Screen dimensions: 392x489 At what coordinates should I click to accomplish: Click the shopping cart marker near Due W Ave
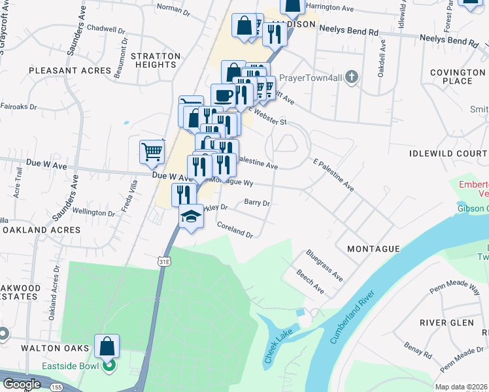click(x=152, y=152)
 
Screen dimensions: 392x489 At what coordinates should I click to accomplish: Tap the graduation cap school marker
click(x=191, y=216)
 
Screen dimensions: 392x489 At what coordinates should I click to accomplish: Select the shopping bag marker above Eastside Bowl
click(x=107, y=346)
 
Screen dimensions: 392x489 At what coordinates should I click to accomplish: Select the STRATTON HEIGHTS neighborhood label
click(x=156, y=61)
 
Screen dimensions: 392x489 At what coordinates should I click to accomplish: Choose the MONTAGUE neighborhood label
click(x=373, y=250)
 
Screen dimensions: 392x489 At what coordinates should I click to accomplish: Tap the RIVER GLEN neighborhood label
click(x=447, y=323)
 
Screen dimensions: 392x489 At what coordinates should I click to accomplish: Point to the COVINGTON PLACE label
click(x=457, y=76)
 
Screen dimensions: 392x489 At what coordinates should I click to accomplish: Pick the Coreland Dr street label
click(x=235, y=229)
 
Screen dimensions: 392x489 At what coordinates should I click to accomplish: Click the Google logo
click(x=22, y=384)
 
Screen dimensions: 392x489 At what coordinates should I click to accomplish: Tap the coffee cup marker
click(x=222, y=95)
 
